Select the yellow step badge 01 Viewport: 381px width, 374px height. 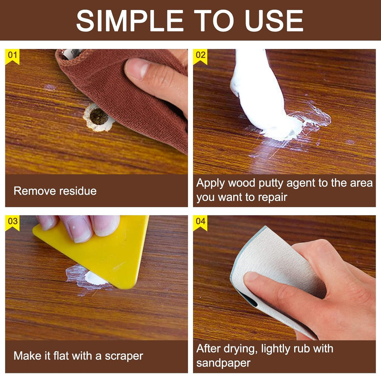pos(12,56)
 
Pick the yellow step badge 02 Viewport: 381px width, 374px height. pos(200,56)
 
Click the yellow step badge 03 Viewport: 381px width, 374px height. pos(12,222)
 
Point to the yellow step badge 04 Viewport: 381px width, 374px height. pos(200,222)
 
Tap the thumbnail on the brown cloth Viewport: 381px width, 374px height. pos(136,68)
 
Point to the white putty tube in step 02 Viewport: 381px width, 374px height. pos(257,93)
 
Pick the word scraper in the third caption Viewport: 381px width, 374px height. pos(124,356)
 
